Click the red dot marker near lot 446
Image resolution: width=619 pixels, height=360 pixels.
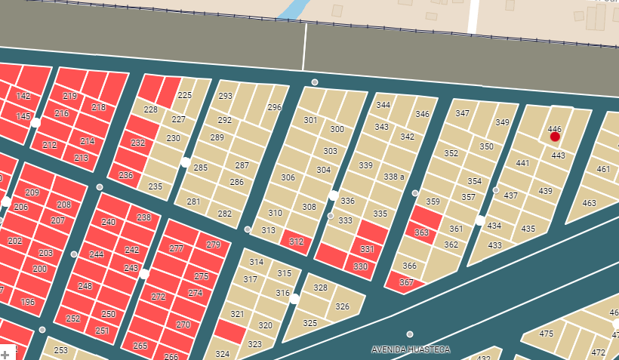coord(555,137)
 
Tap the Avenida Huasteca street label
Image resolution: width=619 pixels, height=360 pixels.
coord(411,349)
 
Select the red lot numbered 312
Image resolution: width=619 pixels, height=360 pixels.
coord(296,242)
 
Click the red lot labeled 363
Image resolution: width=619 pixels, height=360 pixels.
coord(422,233)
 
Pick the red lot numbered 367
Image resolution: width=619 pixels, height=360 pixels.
coord(406,282)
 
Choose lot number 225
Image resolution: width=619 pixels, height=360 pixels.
coord(185,96)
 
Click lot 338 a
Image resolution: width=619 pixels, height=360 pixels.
coord(395,177)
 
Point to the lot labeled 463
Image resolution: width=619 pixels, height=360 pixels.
coord(590,203)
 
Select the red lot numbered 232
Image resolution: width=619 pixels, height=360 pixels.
coord(137,142)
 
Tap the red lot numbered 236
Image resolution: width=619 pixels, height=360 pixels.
coord(125,175)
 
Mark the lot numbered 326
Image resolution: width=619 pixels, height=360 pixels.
coord(343,306)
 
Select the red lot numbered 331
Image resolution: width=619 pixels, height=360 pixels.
coord(367,249)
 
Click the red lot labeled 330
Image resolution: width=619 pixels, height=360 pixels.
coord(361,266)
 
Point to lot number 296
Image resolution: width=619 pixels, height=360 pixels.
coord(275,107)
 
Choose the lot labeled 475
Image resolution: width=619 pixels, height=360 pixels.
coord(546,334)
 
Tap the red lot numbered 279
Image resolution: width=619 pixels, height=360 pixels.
coord(213,245)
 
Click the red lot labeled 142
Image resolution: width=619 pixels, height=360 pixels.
coord(23,96)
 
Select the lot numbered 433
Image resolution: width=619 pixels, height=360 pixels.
coord(495,245)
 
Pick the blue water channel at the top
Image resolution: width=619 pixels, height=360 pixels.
coord(293,9)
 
